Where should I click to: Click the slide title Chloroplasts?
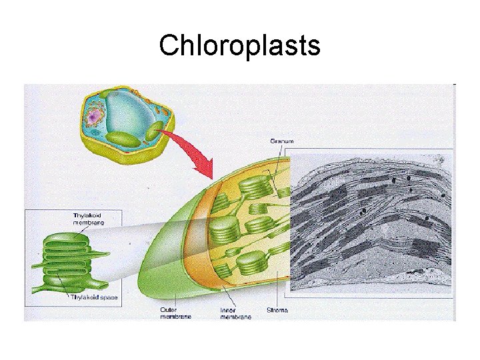click(x=240, y=46)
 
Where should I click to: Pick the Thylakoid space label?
click(x=94, y=297)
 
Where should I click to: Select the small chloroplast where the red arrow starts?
click(x=155, y=131)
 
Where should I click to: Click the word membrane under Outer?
click(x=175, y=317)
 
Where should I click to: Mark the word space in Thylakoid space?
click(x=109, y=297)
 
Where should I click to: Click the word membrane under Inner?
click(x=237, y=317)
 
